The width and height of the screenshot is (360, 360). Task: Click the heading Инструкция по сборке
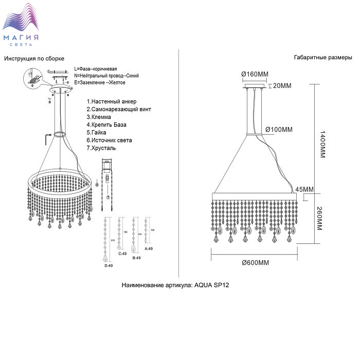pyautogui.click(x=34, y=59)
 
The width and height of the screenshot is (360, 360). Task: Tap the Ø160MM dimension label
pyautogui.click(x=255, y=74)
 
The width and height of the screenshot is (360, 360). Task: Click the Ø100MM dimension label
pyautogui.click(x=279, y=129)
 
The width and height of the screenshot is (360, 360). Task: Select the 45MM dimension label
pyautogui.click(x=305, y=189)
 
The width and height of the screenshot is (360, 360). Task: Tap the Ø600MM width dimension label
pyautogui.click(x=256, y=263)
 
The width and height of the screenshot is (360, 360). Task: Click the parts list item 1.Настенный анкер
pyautogui.click(x=115, y=102)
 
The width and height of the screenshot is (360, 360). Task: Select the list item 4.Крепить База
pyautogui.click(x=106, y=124)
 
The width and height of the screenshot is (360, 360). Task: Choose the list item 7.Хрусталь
pyautogui.click(x=101, y=148)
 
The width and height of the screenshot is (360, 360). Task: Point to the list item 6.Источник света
pyautogui.click(x=109, y=140)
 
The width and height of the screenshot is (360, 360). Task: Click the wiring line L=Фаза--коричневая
pyautogui.click(x=99, y=69)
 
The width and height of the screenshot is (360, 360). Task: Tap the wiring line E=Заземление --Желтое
pyautogui.click(x=100, y=83)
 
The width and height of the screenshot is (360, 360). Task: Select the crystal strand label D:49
pyautogui.click(x=109, y=265)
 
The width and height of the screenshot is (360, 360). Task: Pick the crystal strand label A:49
pyautogui.click(x=149, y=248)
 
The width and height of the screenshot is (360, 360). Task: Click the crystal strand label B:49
pyautogui.click(x=137, y=258)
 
